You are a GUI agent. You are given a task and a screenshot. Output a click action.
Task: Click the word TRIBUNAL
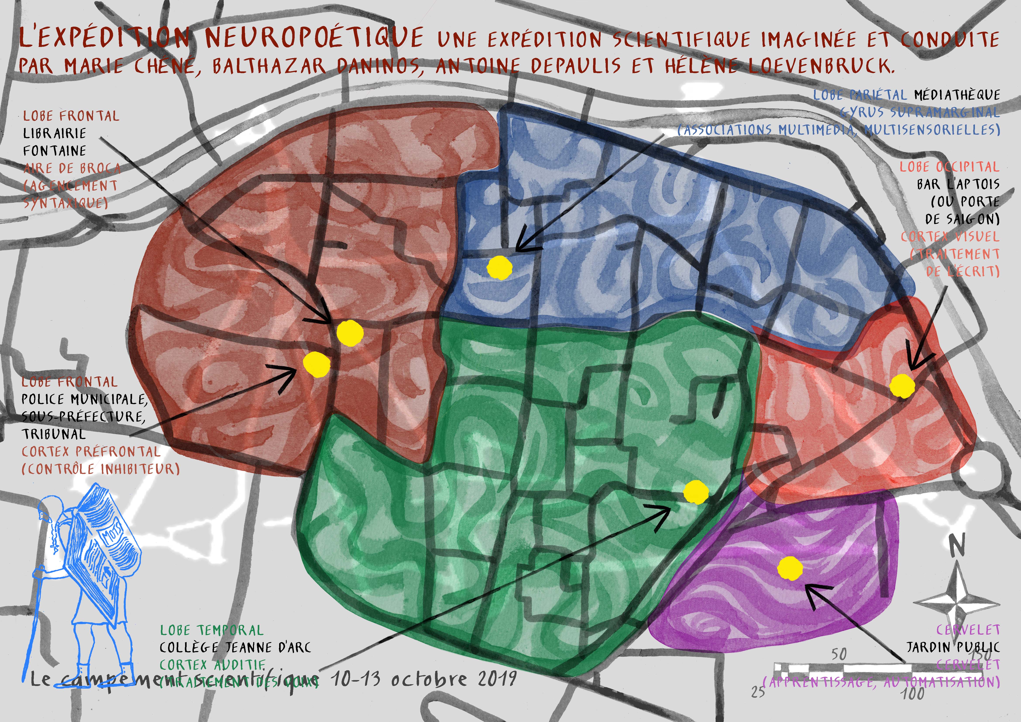pos(53,434)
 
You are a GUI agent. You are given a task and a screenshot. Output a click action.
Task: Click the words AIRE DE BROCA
pos(72,168)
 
